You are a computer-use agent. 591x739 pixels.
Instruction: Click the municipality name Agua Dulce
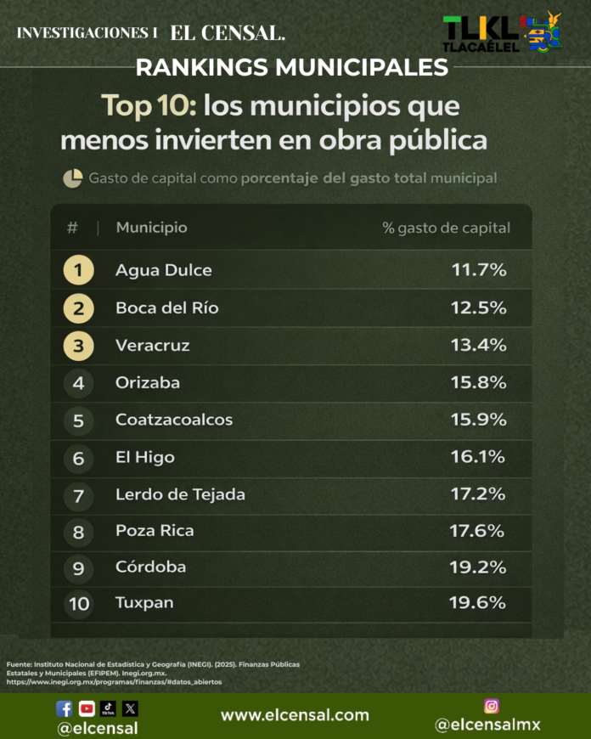click(x=164, y=271)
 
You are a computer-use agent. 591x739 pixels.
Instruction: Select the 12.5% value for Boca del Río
click(x=478, y=308)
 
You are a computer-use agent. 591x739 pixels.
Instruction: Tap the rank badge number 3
click(x=78, y=346)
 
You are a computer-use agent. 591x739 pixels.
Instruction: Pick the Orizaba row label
click(x=148, y=383)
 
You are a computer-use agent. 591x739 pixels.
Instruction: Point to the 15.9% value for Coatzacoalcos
click(x=478, y=420)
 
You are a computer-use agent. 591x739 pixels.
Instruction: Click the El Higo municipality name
click(x=145, y=457)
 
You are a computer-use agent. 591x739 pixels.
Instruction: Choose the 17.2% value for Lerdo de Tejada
click(x=478, y=494)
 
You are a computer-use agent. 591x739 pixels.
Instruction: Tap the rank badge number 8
click(x=78, y=531)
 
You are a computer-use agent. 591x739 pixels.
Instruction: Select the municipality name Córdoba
click(x=150, y=567)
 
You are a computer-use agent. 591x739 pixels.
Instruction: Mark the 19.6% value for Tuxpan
click(x=478, y=603)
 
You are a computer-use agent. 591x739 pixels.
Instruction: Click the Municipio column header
click(x=151, y=228)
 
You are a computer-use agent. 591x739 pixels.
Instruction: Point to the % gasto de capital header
click(x=446, y=228)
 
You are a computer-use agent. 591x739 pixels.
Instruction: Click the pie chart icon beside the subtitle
click(x=72, y=178)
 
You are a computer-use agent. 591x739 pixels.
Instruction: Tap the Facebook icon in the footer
click(x=65, y=708)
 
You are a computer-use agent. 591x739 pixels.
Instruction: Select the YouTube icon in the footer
click(x=87, y=708)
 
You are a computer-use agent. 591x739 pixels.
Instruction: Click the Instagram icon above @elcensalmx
click(x=491, y=706)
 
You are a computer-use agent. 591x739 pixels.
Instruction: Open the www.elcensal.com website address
click(x=295, y=715)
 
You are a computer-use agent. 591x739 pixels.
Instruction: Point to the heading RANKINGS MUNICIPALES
click(x=292, y=67)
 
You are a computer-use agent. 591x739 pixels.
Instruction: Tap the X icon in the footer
click(x=130, y=708)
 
